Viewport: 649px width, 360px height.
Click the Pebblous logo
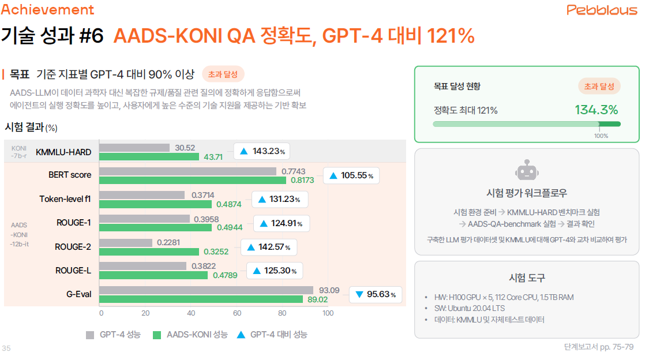(602, 10)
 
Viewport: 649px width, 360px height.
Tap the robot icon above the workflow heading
(527, 171)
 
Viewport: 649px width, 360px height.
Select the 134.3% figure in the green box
(596, 110)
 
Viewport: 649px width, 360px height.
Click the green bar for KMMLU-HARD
(149, 156)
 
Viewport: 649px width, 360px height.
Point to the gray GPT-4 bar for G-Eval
(207, 290)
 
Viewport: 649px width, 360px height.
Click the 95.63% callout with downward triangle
(375, 294)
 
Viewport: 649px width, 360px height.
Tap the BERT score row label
(70, 174)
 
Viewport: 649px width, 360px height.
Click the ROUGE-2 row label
(73, 247)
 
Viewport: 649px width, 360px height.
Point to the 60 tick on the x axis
(237, 313)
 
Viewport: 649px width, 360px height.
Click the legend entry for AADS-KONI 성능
(190, 335)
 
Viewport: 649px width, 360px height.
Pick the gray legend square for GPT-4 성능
(90, 335)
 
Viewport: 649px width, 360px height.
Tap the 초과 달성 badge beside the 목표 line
(223, 74)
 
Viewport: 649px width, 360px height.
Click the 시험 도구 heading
(527, 277)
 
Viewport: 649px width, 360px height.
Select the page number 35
(6, 348)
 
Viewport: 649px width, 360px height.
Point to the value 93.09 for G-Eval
(330, 290)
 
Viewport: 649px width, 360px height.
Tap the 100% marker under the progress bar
(601, 136)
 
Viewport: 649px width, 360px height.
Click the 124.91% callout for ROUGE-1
(282, 223)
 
